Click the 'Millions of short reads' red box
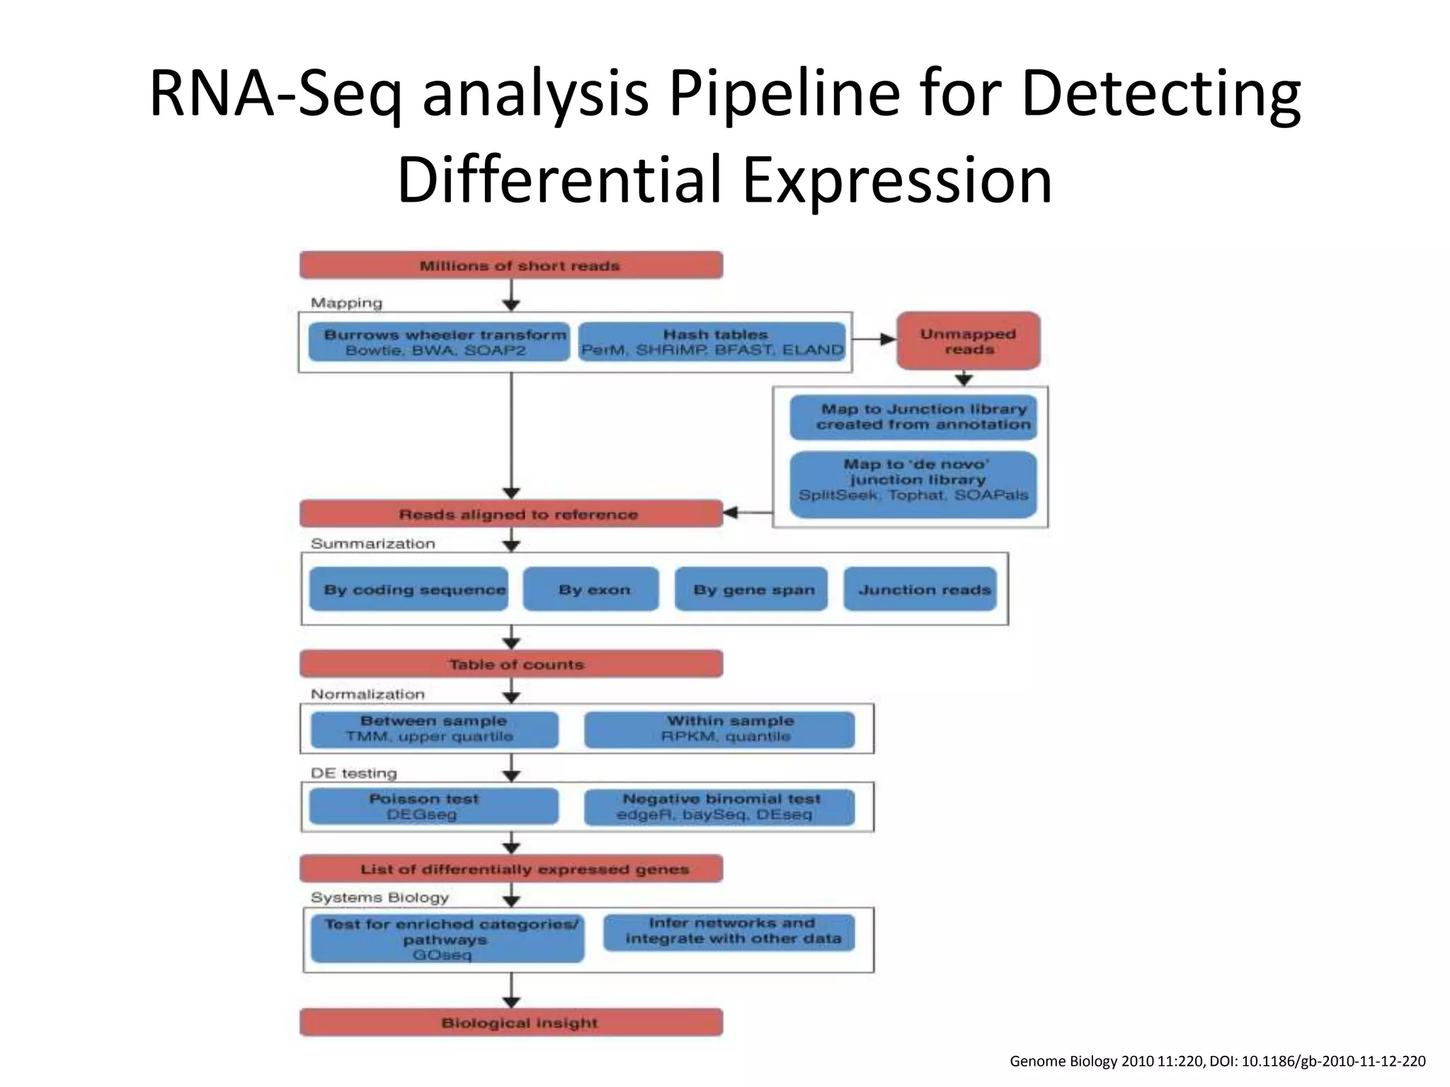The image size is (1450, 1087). point(511,265)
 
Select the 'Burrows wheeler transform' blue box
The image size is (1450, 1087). point(439,342)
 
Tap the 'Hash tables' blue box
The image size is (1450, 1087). point(712,342)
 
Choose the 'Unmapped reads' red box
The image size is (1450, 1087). point(968,341)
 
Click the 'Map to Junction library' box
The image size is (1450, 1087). point(913,417)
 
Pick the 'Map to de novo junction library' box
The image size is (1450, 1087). point(913,484)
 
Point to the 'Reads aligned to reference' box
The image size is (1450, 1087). point(511,514)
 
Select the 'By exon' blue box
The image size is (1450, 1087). point(591,589)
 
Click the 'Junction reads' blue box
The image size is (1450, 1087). point(920,589)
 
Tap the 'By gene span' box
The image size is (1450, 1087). point(751,589)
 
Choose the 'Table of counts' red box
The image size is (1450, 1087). point(511,664)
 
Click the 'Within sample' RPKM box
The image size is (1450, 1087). point(719,729)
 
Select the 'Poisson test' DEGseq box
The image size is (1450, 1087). point(433,806)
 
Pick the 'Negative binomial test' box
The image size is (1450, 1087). point(719,807)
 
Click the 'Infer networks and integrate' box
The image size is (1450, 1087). point(729,931)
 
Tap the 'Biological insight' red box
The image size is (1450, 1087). point(511,1022)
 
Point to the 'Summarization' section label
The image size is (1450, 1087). point(373,543)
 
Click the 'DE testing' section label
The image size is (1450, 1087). point(354,773)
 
